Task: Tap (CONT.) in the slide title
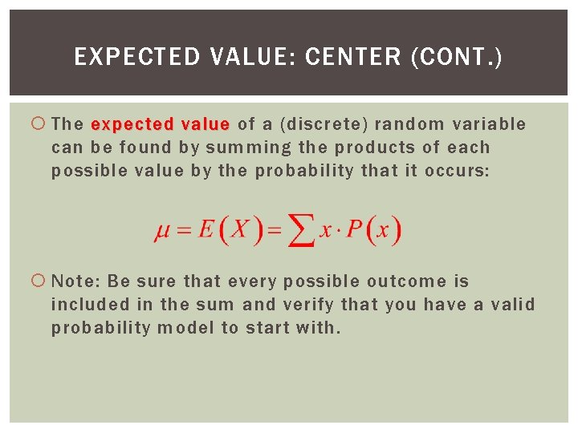click(x=456, y=58)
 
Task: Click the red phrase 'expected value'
click(x=161, y=124)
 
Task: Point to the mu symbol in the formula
click(x=162, y=232)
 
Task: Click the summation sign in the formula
click(x=301, y=233)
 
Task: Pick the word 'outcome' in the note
click(x=406, y=281)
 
